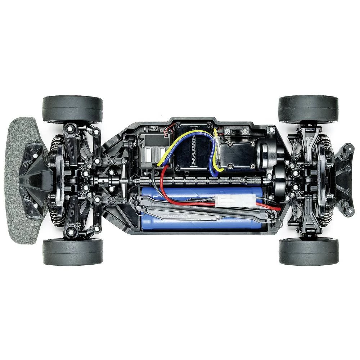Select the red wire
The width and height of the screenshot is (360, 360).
tap(164, 187)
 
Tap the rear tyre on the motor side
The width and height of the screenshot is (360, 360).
tap(309, 108)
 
